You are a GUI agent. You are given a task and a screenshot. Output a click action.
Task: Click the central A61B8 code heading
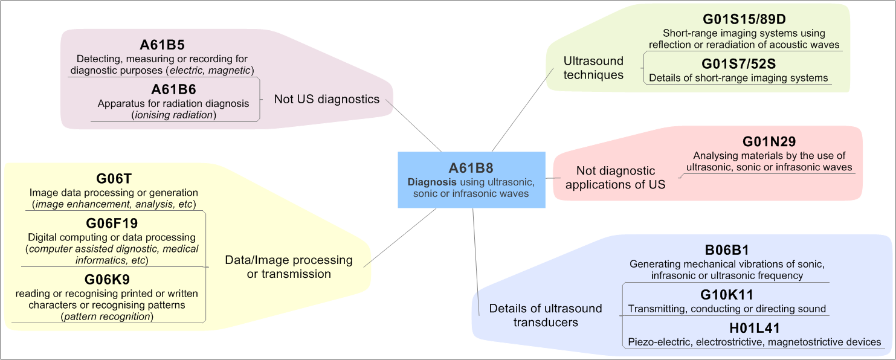(471, 169)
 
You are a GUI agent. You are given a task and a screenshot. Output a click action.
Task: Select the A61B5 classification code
(162, 45)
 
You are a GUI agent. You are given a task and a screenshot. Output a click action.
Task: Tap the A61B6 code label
(173, 89)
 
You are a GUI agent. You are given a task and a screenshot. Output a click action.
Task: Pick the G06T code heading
(114, 179)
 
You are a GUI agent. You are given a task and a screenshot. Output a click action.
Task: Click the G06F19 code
(112, 223)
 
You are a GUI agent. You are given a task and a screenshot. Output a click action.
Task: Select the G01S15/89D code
(744, 19)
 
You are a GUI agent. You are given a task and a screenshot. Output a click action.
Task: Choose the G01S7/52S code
(738, 64)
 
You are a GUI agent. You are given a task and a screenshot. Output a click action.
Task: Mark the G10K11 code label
(727, 295)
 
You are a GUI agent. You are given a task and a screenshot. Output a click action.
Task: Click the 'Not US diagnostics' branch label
(327, 99)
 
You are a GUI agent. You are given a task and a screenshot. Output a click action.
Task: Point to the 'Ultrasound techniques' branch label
(593, 68)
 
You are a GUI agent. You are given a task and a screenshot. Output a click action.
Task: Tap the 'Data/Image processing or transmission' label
(289, 266)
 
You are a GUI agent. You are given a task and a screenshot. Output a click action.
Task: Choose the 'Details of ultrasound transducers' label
(546, 315)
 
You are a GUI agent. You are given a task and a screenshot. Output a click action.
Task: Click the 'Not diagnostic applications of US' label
(615, 178)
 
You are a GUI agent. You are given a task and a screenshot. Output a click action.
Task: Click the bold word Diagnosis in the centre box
(432, 182)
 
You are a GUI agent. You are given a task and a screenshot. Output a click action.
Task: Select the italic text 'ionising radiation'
(173, 115)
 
